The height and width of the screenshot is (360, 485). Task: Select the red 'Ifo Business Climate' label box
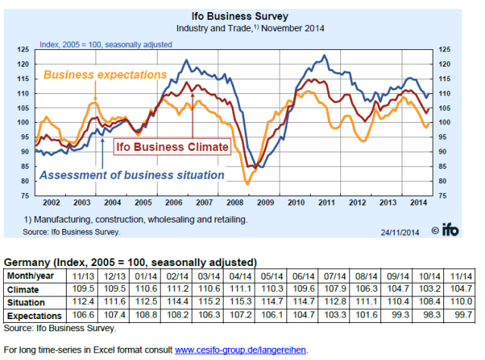[171, 146]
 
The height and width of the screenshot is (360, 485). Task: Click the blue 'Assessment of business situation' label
[133, 175]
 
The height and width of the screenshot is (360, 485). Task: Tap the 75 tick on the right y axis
[437, 196]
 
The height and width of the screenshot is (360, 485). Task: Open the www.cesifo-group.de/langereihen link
[241, 350]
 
